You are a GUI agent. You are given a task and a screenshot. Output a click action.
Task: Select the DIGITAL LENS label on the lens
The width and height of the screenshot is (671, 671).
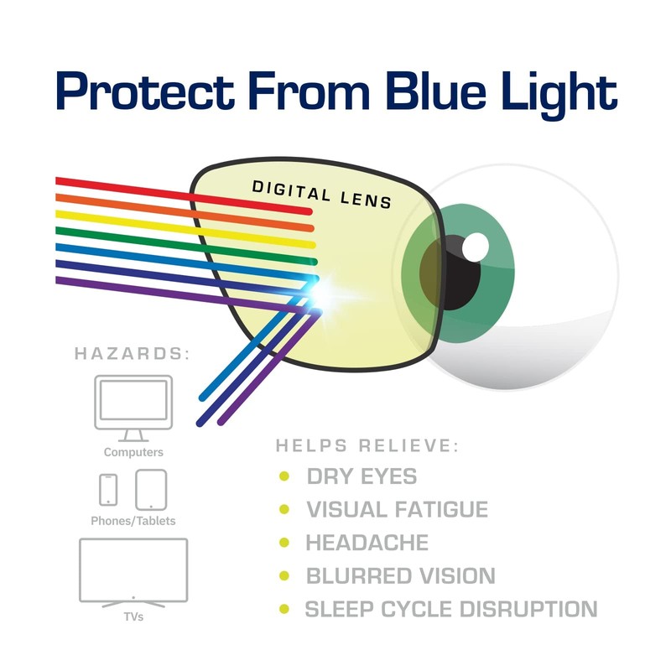321,194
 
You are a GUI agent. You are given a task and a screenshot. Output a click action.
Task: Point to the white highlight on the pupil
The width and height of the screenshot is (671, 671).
476,246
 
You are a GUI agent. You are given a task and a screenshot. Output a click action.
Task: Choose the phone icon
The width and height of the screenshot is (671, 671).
108,490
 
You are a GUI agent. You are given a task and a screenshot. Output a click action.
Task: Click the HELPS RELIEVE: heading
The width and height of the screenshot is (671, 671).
367,446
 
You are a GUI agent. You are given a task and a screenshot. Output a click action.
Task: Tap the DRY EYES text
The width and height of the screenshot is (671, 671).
362,476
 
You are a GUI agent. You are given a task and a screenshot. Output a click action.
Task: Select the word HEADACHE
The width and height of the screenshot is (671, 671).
367,543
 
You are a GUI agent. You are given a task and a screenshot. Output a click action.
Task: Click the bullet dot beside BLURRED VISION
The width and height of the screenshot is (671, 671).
284,576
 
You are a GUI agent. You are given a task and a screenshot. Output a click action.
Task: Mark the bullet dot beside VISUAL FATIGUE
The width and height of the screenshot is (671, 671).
284,509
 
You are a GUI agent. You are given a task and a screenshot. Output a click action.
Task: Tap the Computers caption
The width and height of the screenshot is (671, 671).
133,452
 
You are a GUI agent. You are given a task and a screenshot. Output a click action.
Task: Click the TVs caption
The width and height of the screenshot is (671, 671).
133,617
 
